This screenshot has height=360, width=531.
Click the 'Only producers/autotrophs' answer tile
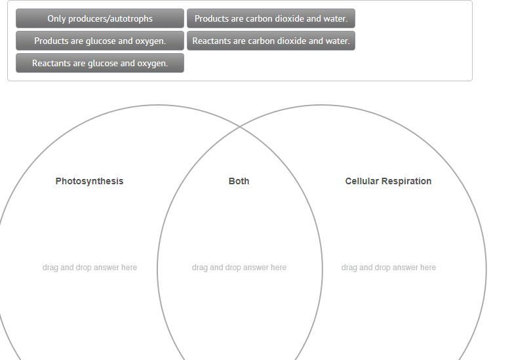[x=100, y=18]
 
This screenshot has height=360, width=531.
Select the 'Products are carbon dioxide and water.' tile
[x=271, y=18]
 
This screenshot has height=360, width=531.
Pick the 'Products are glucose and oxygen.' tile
[x=100, y=41]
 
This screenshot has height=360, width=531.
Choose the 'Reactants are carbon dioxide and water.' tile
[x=271, y=41]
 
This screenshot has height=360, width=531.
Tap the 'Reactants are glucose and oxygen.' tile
[x=100, y=63]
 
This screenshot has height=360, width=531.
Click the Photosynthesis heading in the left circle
[x=89, y=181]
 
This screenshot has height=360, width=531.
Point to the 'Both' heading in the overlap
[x=239, y=181]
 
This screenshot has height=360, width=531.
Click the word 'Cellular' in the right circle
[x=362, y=181]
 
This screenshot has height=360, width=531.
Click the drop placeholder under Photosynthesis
[x=90, y=268]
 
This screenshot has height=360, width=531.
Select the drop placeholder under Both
[x=239, y=268]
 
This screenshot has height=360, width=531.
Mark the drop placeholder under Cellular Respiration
[x=389, y=268]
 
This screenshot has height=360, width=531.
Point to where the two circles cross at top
[x=239, y=126]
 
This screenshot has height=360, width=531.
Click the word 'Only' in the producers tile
[x=57, y=18]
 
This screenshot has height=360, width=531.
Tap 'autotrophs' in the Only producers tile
[x=131, y=18]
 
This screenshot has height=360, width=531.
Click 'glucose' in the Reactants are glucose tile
[x=104, y=63]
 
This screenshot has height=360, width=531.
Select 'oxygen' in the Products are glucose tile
[x=150, y=41]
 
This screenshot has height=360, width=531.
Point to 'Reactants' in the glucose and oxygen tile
[x=52, y=63]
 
